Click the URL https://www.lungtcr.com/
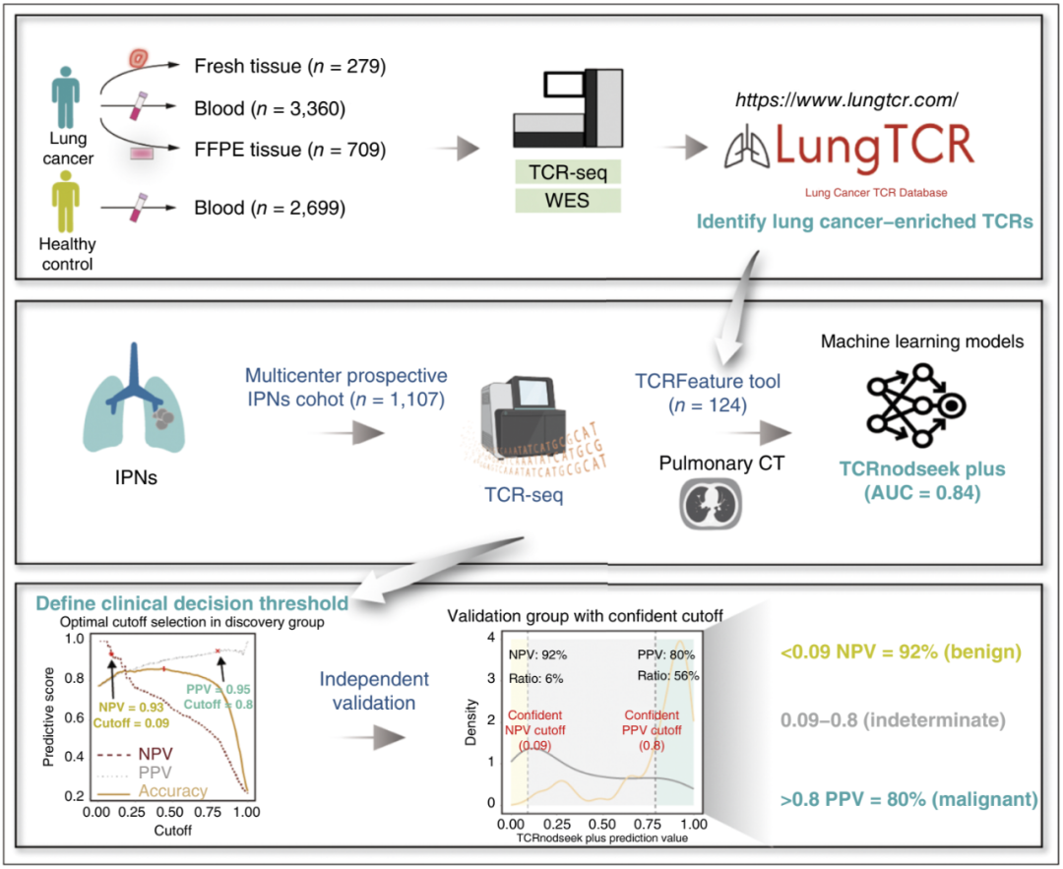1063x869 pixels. click(846, 100)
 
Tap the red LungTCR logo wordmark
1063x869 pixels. click(874, 145)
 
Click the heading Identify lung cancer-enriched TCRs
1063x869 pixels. click(865, 221)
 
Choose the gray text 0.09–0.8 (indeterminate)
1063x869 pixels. click(893, 720)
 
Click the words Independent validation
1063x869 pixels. click(374, 691)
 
